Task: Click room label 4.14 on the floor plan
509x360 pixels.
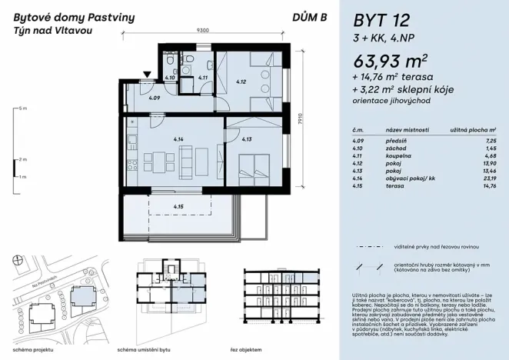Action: (178, 138)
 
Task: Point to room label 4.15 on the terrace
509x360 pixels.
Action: (178, 206)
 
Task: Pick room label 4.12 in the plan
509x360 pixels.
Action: (240, 82)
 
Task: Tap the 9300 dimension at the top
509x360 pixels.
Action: (203, 31)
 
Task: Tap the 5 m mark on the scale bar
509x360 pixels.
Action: (23, 108)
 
